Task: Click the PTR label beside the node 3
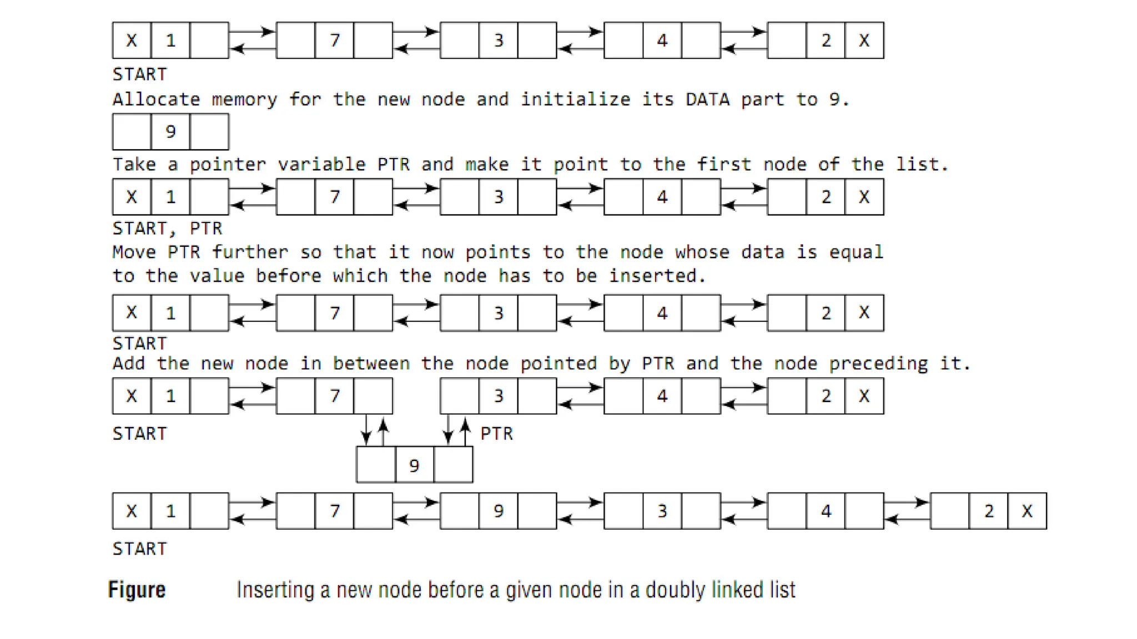[496, 433]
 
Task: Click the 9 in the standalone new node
[170, 131]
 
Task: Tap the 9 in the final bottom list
[498, 511]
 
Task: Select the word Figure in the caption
[137, 589]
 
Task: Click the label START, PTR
[167, 229]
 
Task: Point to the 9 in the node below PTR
[414, 465]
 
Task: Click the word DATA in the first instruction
[707, 99]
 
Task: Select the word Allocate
[156, 99]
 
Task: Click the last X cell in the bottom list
[1027, 511]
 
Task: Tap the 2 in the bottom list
[989, 511]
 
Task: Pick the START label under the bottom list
[139, 549]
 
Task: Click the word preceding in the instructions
[878, 363]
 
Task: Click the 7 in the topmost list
[334, 40]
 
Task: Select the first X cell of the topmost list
[132, 40]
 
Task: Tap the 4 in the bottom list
[826, 511]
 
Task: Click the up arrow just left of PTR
[465, 430]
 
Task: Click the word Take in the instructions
[134, 164]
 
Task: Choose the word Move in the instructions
[134, 252]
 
